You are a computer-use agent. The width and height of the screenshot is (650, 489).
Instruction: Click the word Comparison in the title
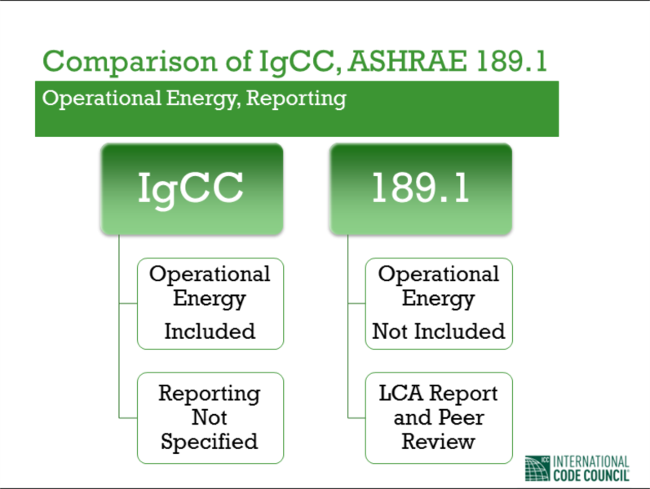pos(130,62)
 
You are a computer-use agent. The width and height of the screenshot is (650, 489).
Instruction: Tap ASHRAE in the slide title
pos(408,61)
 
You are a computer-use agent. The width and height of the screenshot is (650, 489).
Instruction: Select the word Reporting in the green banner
pos(296,99)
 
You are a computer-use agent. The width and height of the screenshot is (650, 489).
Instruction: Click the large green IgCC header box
pos(192,189)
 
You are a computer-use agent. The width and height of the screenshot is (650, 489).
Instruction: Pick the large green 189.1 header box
pos(421,189)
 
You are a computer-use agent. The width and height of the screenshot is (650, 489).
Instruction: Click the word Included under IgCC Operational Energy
pos(210,332)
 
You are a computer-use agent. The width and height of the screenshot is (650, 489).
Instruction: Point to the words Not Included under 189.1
pos(439,332)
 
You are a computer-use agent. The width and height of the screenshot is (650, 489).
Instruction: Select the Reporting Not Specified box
pos(210,418)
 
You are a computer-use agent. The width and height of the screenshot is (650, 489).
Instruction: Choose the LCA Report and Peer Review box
pos(439,418)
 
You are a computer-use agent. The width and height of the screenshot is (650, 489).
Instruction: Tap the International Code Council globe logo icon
pos(537,469)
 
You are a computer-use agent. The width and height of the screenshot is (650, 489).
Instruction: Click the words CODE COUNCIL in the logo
pos(591,475)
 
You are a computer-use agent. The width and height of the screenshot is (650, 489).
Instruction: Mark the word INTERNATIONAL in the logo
pos(591,461)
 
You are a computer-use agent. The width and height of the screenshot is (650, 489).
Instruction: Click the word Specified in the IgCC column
pos(210,442)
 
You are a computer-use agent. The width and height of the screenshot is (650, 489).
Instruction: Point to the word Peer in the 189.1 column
pos(461,418)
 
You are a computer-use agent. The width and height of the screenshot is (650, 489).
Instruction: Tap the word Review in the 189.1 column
pos(438,442)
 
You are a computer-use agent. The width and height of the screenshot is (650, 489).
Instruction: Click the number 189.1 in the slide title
pos(511,61)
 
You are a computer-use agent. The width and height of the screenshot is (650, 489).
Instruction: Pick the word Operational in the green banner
pos(102,99)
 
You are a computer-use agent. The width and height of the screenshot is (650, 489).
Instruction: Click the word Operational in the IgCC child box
pos(210,274)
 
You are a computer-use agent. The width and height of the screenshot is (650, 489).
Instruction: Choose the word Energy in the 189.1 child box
pos(438,299)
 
